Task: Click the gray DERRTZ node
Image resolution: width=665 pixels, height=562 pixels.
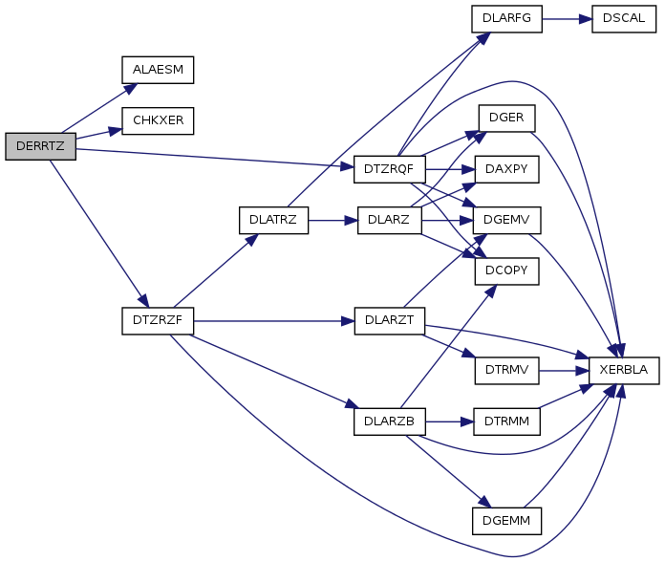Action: click(41, 146)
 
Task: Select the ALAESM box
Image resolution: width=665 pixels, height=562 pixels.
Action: click(158, 70)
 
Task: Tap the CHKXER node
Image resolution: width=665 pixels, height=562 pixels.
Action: click(158, 121)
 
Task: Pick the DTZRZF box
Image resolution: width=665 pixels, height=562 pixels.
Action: click(158, 321)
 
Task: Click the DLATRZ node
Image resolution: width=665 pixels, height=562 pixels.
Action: click(273, 220)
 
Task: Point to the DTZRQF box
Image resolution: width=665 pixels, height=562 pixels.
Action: click(389, 168)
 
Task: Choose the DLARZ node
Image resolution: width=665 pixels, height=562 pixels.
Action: click(389, 220)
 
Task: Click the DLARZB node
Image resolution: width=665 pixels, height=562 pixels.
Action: click(389, 420)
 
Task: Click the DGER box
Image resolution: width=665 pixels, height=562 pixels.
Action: click(506, 118)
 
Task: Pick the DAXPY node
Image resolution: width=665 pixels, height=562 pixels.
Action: click(506, 168)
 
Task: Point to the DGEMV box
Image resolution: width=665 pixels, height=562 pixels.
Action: click(506, 220)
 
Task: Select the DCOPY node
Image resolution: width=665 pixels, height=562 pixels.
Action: click(506, 270)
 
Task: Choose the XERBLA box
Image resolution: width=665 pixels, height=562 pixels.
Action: click(625, 370)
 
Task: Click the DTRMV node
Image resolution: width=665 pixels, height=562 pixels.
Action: click(506, 370)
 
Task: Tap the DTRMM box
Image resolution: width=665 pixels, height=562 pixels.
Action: click(506, 420)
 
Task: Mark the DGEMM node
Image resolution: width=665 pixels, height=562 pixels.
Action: click(506, 521)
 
